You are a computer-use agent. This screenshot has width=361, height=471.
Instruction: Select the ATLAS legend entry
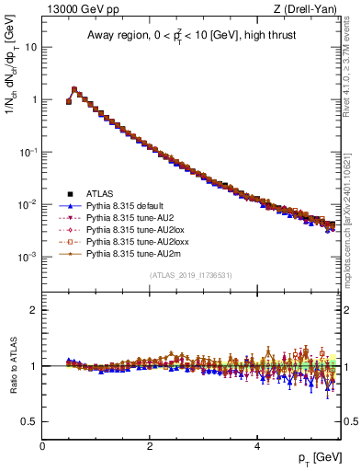coord(99,194)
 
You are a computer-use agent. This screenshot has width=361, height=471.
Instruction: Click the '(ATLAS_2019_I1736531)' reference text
coord(189,274)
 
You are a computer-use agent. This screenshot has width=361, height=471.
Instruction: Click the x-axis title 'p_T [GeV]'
coord(316,457)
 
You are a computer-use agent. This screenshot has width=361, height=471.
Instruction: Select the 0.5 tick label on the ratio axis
coord(29,421)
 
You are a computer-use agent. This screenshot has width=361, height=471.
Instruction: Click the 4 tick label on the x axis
coord(256,445)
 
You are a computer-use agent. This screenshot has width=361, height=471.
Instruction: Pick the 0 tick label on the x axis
coord(42,445)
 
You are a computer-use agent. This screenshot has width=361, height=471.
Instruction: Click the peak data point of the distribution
coord(74,90)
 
